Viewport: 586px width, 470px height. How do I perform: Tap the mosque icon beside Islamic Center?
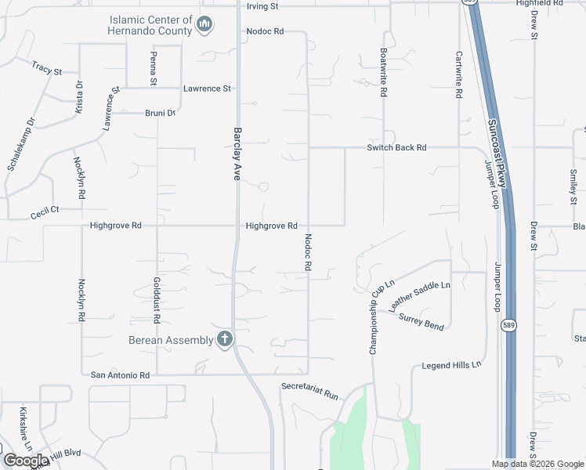coord(205,25)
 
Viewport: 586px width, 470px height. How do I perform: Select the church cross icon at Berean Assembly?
coord(225,340)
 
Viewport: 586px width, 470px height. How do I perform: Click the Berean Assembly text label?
coord(171,340)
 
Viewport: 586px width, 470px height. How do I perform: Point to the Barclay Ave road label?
coord(237,154)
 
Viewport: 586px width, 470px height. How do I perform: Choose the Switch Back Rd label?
coord(397,147)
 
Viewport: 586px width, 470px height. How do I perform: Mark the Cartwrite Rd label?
coord(459,75)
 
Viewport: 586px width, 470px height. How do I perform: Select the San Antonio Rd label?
coord(120,375)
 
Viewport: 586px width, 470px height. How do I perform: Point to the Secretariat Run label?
coord(310,391)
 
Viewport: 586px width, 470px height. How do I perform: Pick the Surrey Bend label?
coord(421,321)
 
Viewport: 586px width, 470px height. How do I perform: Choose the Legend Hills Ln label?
coord(451,366)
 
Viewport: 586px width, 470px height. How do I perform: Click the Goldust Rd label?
coord(157,301)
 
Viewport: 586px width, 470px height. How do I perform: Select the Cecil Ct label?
coord(45,211)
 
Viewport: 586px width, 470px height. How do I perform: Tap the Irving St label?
coord(262,5)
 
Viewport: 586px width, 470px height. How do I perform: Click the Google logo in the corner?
coord(26,461)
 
